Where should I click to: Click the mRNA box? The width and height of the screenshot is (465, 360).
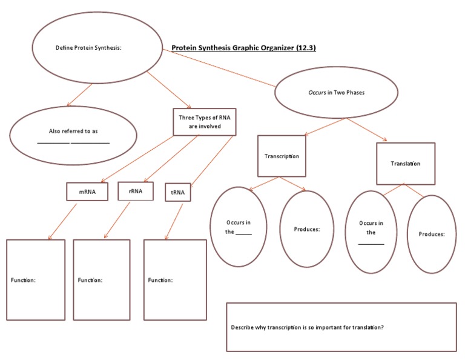tap(87, 192)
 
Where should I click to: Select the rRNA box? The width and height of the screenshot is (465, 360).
tap(135, 191)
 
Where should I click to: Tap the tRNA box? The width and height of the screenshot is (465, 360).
tap(178, 192)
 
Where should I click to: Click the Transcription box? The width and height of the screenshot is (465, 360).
tap(282, 156)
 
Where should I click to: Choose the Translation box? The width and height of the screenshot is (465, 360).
tap(405, 164)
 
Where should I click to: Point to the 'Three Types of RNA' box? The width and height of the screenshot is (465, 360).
tap(205, 122)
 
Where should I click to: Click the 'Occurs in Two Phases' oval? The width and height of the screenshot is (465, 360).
tap(336, 93)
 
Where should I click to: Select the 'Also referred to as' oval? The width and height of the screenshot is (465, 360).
tap(73, 135)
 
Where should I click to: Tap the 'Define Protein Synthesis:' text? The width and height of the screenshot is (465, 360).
tap(89, 47)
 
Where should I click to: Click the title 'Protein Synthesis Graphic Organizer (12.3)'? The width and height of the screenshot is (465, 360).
tap(243, 47)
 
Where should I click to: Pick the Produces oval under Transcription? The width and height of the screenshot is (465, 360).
tap(307, 229)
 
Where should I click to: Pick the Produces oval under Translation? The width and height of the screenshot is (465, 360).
tap(431, 234)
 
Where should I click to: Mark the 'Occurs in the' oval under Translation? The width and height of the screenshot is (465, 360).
tap(371, 232)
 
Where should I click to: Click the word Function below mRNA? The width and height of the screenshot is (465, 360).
tap(24, 280)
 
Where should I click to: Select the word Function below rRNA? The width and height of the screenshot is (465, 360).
tap(90, 280)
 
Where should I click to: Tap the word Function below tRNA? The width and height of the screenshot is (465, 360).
tap(160, 280)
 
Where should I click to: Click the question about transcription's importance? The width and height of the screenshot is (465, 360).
tap(307, 327)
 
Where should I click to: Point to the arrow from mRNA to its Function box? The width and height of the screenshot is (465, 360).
tap(62, 221)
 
